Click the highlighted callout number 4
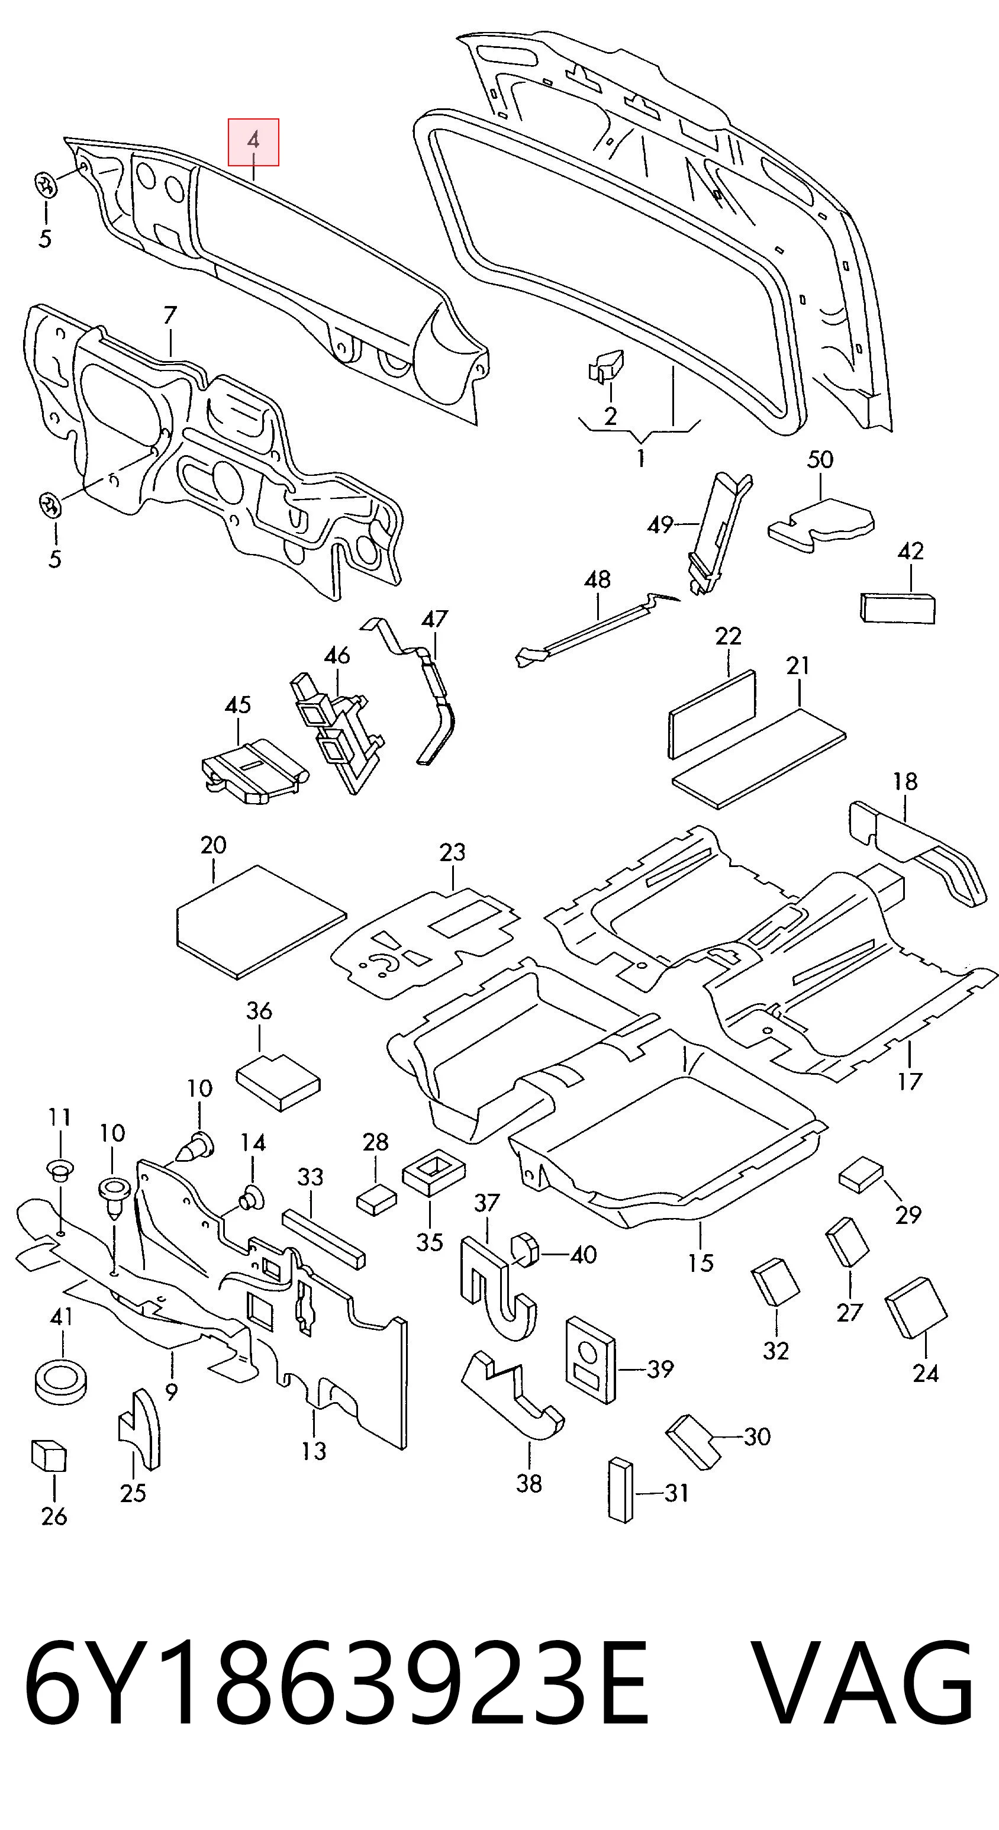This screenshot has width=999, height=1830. coord(253,141)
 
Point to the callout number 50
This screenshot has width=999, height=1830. coord(819,460)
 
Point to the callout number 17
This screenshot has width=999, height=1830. coord(910,1081)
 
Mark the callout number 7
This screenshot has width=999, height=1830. coord(170,315)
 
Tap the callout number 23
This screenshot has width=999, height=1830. coord(452,852)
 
